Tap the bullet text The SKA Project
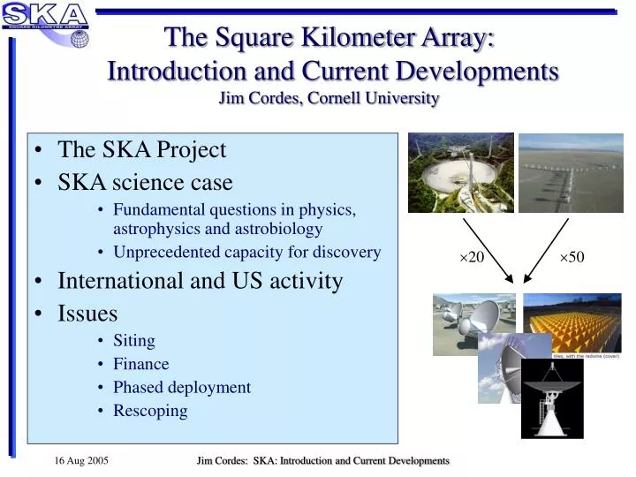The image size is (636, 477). tap(141, 150)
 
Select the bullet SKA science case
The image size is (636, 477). tap(145, 182)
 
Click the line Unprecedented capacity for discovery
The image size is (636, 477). tap(246, 252)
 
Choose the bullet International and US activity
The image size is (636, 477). tap(200, 281)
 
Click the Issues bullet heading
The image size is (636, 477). tap(87, 313)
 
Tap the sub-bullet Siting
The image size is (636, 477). tap(133, 340)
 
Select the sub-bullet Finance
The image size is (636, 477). tap(140, 363)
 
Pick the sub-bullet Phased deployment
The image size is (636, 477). tap(181, 387)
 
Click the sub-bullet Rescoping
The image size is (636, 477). tap(150, 410)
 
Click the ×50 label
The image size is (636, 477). tap(572, 257)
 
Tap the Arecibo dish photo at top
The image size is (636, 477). tap(460, 172)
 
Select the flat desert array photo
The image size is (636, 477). tap(570, 172)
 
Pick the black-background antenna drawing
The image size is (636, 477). tap(552, 400)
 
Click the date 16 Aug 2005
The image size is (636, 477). tap(81, 461)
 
